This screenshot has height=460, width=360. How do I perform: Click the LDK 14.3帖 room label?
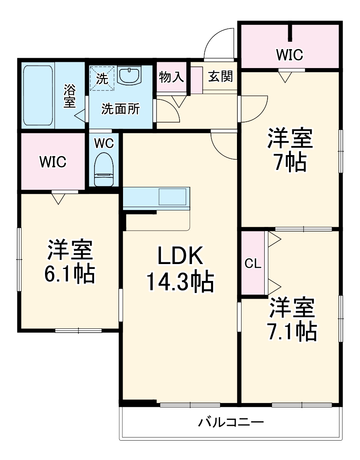(180, 269)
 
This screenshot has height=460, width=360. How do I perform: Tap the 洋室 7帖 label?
(290, 150)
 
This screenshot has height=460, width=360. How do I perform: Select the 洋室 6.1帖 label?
(70, 262)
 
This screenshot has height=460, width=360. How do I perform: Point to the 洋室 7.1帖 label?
(292, 319)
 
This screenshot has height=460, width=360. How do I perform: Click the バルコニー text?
(231, 422)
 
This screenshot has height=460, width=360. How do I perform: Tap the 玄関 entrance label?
(220, 77)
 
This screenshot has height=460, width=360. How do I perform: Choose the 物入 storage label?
(171, 77)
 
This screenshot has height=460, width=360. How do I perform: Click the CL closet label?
(253, 264)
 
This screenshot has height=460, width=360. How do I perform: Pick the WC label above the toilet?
(104, 144)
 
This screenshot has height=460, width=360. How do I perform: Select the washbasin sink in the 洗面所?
(130, 75)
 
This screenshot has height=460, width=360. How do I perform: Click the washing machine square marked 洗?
(102, 78)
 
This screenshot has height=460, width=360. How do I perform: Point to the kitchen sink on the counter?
(173, 197)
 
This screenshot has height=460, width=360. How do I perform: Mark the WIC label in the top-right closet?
(289, 55)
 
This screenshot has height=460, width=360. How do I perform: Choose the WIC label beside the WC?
(53, 162)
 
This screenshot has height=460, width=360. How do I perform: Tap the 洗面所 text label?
(121, 109)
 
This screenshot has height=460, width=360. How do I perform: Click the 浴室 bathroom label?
(70, 96)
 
